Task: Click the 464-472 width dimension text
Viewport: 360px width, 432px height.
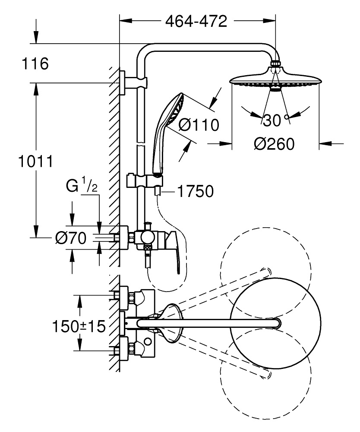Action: pyautogui.click(x=196, y=21)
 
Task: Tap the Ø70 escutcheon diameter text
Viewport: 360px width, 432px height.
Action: pyautogui.click(x=71, y=237)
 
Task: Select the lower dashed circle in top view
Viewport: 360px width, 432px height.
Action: pyautogui.click(x=265, y=374)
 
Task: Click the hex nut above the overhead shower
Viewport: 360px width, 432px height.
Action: pyautogui.click(x=275, y=64)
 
